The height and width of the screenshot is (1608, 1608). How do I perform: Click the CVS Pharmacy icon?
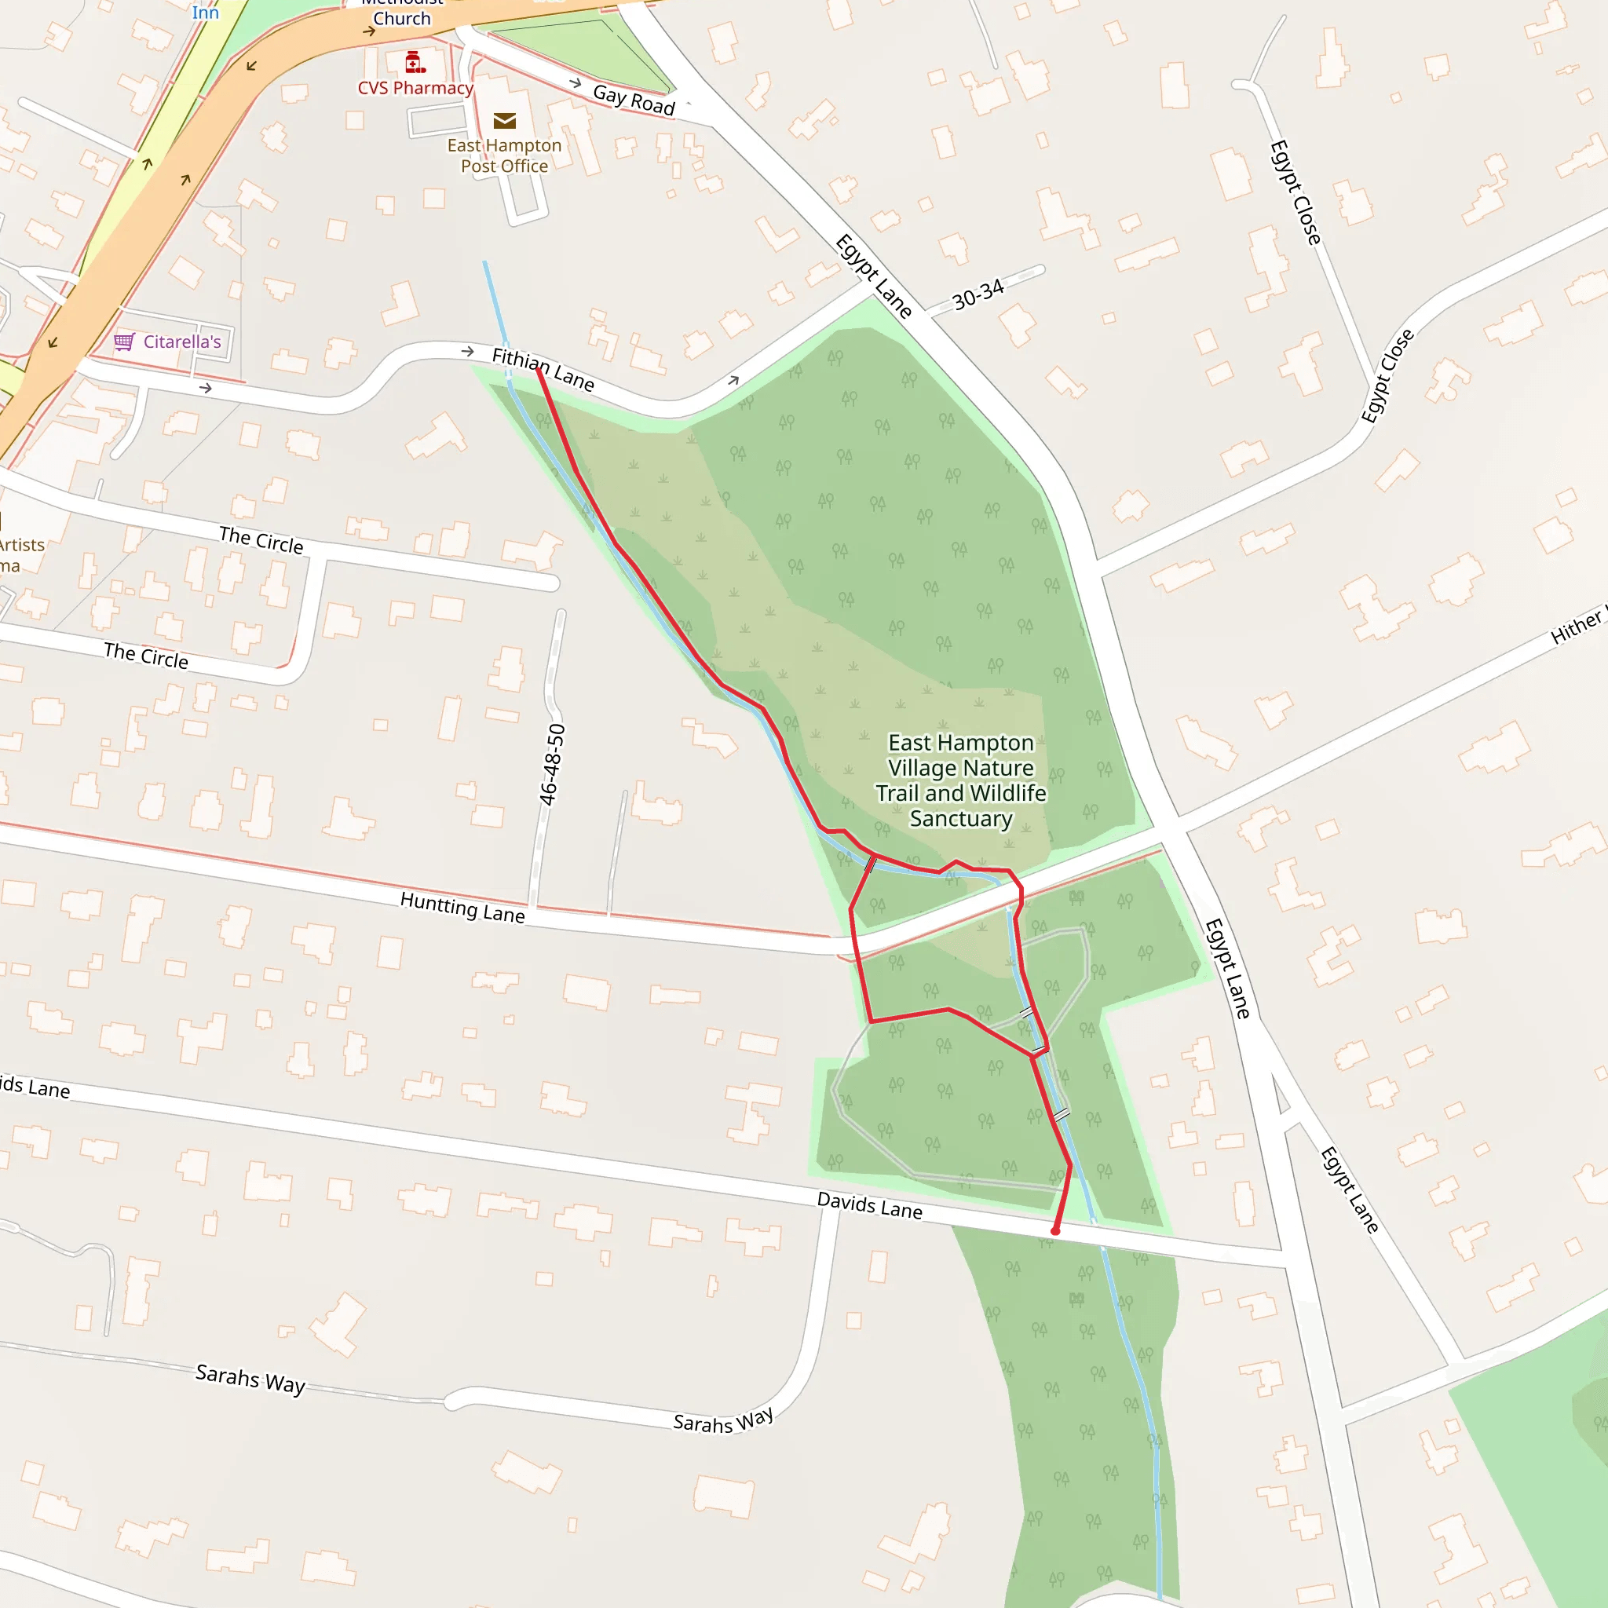coord(415,63)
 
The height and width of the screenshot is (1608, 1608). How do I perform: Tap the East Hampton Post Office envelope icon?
coord(504,121)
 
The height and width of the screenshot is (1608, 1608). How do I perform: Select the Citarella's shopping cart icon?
coord(124,342)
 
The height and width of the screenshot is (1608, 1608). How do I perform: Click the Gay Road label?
coord(634,100)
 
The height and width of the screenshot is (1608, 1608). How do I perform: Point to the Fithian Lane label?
coord(543,369)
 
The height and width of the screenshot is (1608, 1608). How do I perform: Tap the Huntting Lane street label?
coord(462,907)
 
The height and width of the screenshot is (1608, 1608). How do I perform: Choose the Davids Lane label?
coord(869,1205)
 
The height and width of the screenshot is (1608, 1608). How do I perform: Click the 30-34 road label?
coord(978,294)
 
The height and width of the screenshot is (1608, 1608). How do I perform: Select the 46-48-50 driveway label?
coord(552,764)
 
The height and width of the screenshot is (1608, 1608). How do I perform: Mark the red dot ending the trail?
coord(1054,1231)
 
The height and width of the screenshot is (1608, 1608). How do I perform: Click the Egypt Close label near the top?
coord(1295,192)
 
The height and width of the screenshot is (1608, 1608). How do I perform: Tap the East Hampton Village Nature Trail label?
coord(960,780)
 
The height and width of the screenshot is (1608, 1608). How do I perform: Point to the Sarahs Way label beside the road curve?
coord(722,1420)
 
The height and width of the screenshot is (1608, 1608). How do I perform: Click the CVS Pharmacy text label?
coord(415,88)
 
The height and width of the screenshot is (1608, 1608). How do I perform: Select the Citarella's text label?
coord(182,342)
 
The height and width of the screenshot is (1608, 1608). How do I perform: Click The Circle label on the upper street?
coord(261,539)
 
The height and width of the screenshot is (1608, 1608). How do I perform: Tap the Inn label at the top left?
coord(205,12)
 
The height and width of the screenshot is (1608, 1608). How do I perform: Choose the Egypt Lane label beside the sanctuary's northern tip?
coord(873,276)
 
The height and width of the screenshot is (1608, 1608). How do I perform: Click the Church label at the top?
coord(402,18)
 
